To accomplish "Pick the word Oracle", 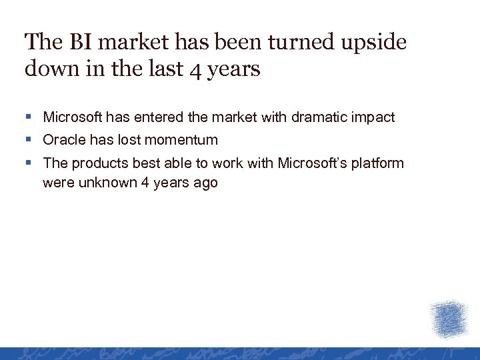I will [x=63, y=140].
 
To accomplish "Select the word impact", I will [x=372, y=118].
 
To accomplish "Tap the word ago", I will [x=205, y=183].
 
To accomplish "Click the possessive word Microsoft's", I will [x=314, y=163].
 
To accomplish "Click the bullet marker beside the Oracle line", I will [x=27, y=140].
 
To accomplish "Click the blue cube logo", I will [x=449, y=319].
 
